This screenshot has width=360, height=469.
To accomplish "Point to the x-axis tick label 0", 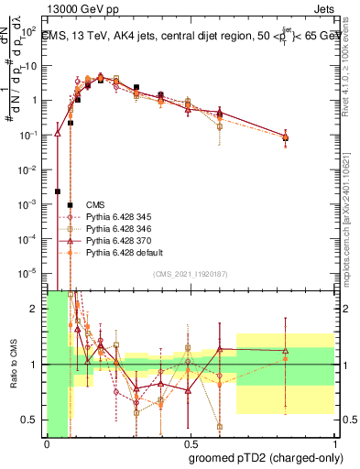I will [x=47, y=442].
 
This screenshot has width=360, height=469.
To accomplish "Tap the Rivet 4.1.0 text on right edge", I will [x=352, y=64].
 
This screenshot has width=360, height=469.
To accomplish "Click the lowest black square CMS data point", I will [x=58, y=191].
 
